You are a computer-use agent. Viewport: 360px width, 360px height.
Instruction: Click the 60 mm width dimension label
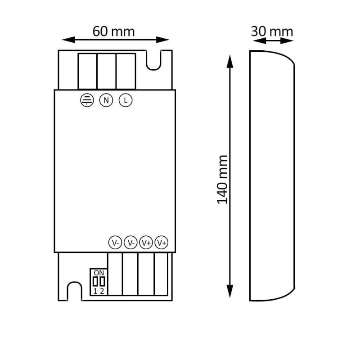click(113, 31)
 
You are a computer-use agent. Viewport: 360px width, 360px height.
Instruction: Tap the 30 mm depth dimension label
click(272, 31)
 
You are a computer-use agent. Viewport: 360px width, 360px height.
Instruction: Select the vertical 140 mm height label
click(222, 179)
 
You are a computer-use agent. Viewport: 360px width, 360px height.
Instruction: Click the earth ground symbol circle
click(85, 100)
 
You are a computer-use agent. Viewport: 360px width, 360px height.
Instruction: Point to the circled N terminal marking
click(106, 100)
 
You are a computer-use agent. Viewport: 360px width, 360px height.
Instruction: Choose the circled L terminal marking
click(126, 100)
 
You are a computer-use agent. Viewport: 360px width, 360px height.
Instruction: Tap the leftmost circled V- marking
click(115, 243)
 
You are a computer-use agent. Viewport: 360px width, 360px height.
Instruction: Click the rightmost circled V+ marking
click(162, 243)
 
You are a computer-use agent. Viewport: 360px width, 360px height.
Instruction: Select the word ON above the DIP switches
click(99, 273)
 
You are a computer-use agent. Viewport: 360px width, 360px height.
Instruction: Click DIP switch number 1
click(95, 282)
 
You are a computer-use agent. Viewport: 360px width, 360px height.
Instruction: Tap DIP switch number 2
click(102, 282)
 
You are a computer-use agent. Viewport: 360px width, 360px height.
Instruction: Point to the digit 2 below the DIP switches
click(102, 291)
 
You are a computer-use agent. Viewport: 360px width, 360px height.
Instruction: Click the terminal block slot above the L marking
click(126, 71)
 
